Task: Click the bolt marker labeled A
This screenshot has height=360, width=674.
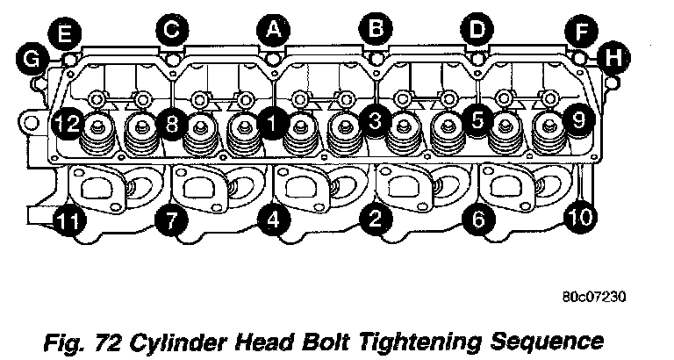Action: [x=274, y=30]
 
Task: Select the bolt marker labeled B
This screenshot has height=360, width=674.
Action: [x=376, y=30]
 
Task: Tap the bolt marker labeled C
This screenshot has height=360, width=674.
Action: [x=171, y=30]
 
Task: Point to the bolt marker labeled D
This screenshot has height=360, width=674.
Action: [x=477, y=30]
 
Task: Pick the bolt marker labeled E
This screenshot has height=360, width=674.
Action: [x=67, y=34]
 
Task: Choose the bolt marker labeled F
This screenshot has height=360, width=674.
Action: [x=580, y=34]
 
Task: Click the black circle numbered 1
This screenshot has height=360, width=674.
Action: [x=274, y=124]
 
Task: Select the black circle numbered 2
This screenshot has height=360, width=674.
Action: [x=376, y=220]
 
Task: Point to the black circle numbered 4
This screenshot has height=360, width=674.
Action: [x=274, y=220]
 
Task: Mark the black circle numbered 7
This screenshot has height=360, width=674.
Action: [x=171, y=220]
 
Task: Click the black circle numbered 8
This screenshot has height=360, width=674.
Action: [x=172, y=124]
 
